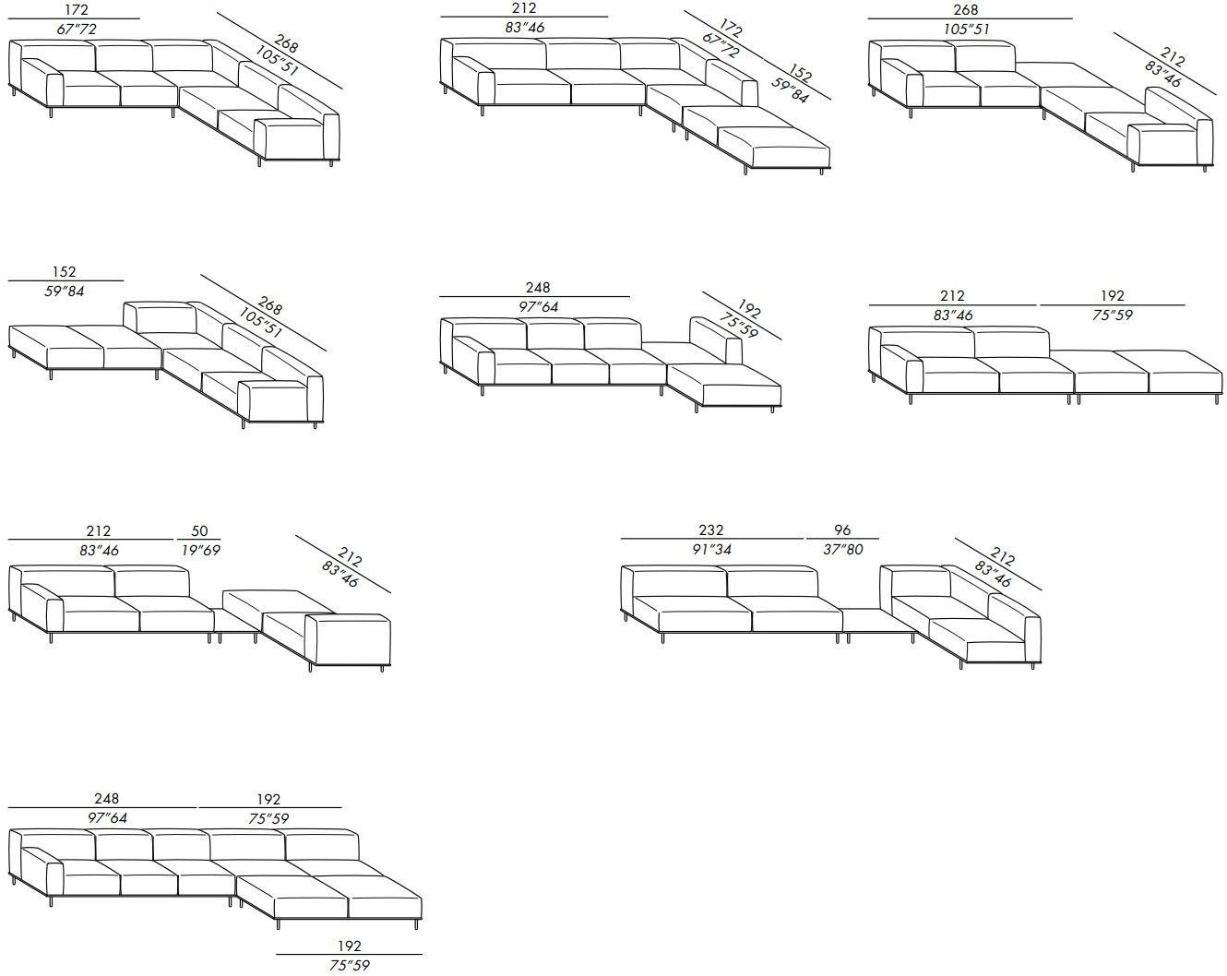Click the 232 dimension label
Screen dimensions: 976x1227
(711, 530)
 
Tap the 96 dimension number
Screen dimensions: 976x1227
(841, 530)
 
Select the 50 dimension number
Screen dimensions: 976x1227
(199, 530)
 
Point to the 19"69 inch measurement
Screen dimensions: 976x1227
(199, 551)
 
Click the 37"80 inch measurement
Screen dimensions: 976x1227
(841, 550)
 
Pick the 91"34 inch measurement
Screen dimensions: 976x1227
(711, 550)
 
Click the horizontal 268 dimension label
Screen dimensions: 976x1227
(966, 9)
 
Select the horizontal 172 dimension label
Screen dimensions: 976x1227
(77, 9)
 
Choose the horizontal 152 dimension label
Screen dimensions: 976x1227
(65, 271)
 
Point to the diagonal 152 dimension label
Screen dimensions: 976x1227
(801, 76)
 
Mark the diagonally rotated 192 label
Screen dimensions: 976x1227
(749, 308)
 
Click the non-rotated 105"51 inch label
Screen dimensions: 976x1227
(967, 30)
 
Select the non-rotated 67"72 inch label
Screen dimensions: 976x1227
(77, 30)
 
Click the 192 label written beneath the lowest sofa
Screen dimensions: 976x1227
(350, 946)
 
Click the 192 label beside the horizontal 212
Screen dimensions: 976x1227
(1113, 295)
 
